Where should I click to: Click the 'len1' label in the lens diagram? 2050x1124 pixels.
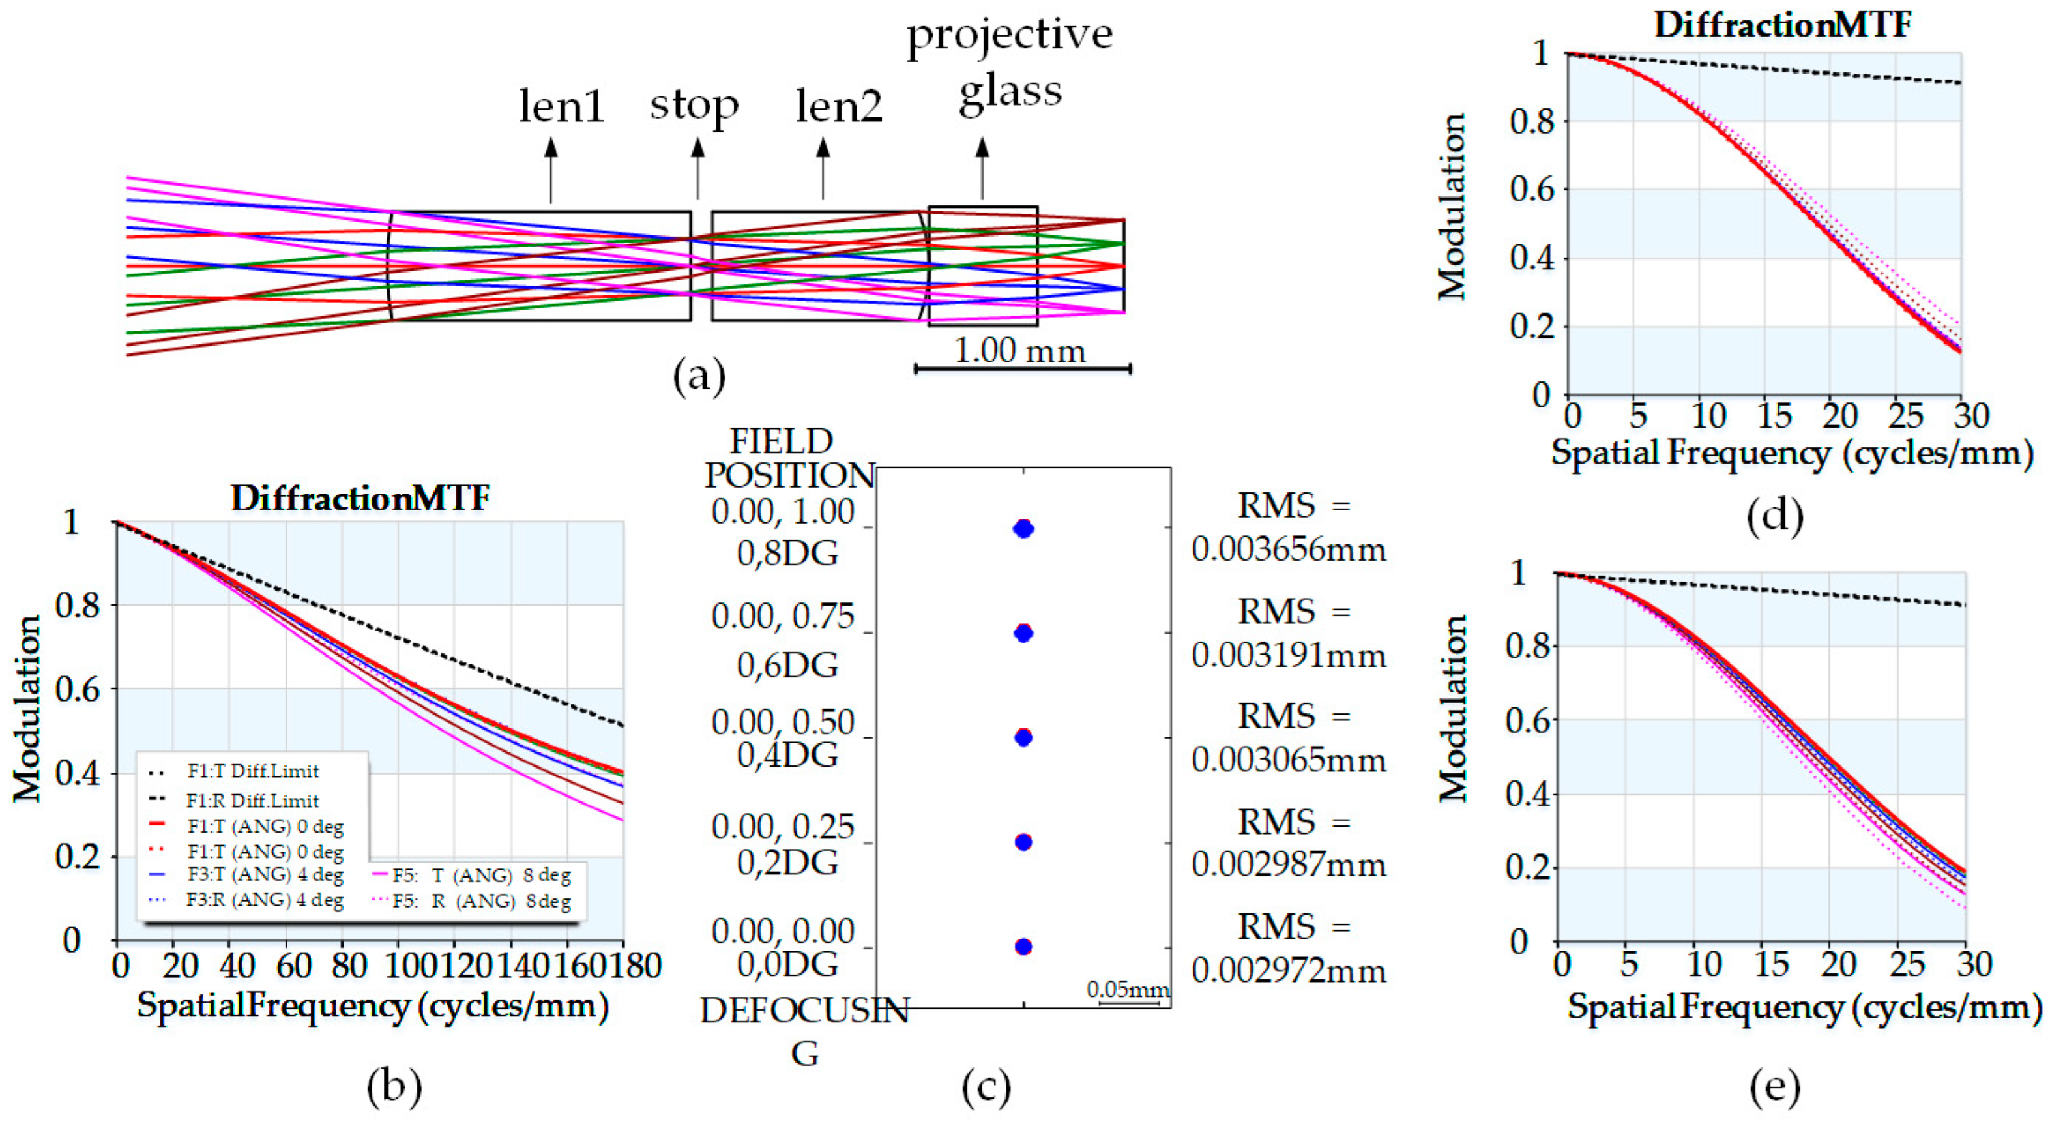tap(561, 106)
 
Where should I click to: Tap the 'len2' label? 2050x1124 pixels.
tap(839, 106)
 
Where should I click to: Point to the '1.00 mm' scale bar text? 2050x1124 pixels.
tap(1019, 350)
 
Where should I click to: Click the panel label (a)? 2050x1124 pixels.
tap(699, 375)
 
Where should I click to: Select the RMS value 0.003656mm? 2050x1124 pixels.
tap(1289, 549)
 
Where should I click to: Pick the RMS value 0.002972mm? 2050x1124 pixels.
tap(1289, 970)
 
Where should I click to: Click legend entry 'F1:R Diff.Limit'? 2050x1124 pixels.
tap(252, 800)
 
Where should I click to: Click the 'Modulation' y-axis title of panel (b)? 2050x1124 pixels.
tap(26, 709)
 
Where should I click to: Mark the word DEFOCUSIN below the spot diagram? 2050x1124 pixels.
tap(804, 1010)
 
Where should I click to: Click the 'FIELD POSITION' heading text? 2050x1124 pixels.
tap(789, 458)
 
